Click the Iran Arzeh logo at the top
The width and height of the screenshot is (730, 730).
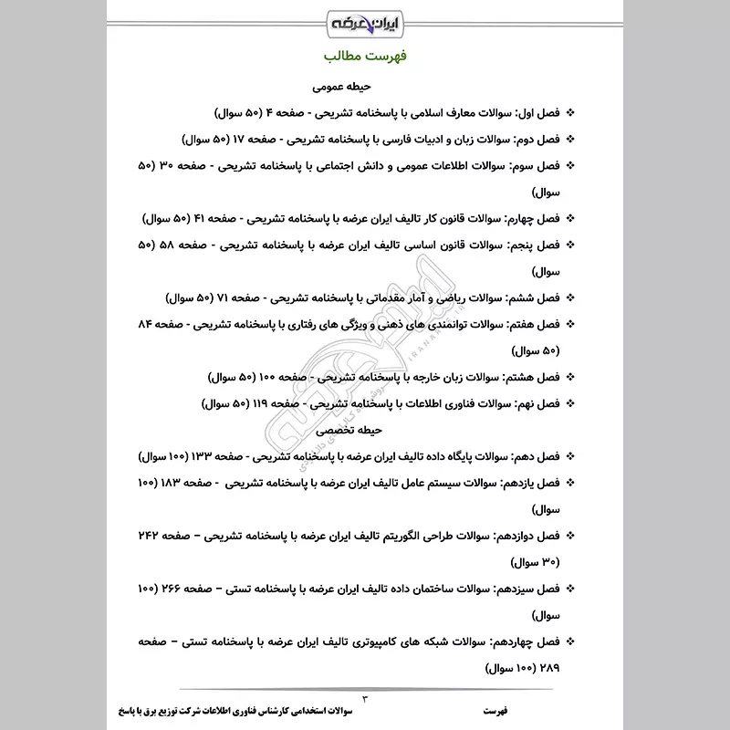(365, 19)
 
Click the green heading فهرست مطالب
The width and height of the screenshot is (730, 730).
(365, 57)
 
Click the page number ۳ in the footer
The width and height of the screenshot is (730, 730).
(365, 697)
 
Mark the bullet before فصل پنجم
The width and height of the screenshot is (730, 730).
(572, 245)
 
